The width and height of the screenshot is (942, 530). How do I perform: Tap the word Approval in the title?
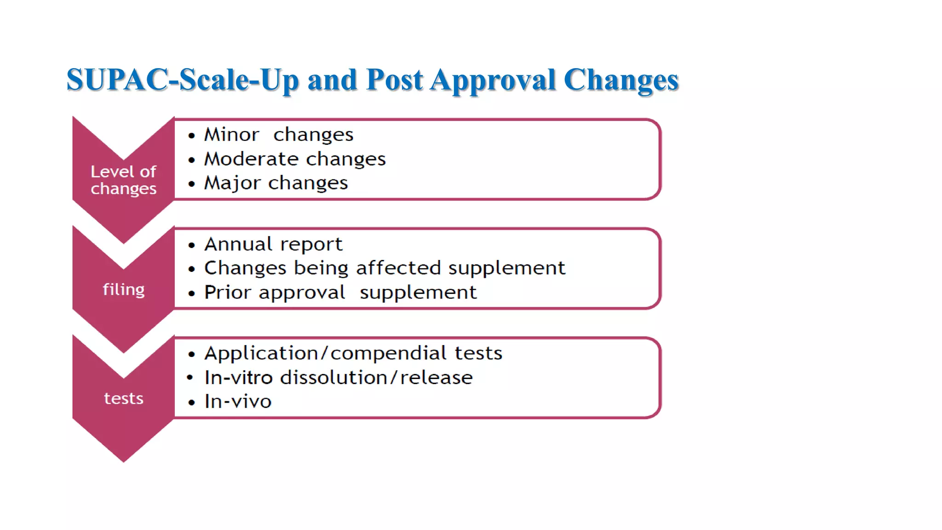point(493,80)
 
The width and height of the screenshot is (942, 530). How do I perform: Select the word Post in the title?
point(394,80)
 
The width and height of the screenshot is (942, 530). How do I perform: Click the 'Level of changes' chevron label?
point(123,180)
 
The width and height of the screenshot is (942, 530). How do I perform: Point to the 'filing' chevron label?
point(123,289)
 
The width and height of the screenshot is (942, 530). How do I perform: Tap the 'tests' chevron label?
point(123,398)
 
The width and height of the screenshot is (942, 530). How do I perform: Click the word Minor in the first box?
point(232,135)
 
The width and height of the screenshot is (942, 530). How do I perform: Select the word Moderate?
point(252,159)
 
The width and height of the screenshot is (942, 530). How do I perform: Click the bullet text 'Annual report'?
point(273,244)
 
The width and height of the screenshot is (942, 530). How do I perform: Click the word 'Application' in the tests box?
point(261,354)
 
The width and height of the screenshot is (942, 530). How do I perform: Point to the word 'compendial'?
point(388,353)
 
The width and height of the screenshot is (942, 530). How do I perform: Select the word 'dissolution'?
point(334,378)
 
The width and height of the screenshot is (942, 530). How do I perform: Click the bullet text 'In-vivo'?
point(238,402)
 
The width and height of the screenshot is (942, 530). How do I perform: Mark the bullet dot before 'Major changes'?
point(192,184)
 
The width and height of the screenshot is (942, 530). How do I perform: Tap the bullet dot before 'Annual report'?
point(192,245)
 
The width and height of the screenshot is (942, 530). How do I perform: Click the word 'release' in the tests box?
point(436,378)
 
